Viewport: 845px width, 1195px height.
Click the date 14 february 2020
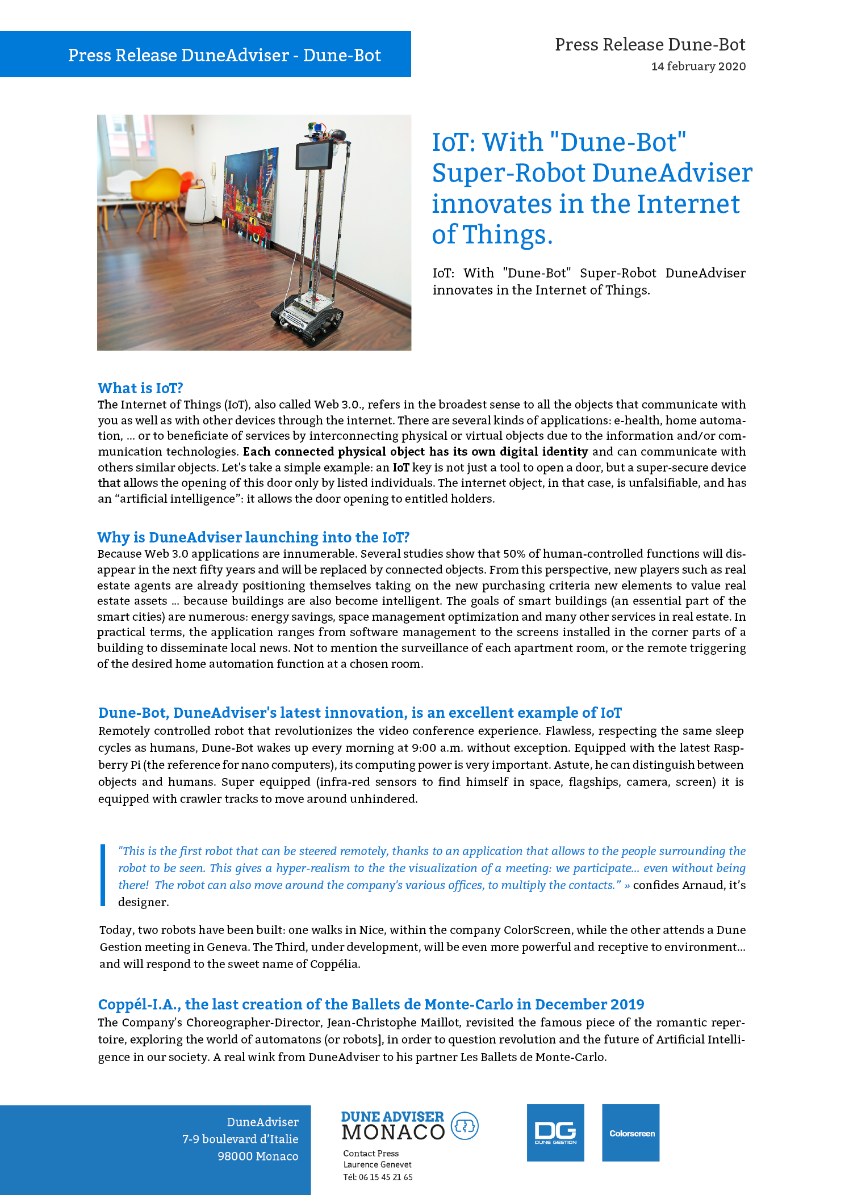pyautogui.click(x=698, y=66)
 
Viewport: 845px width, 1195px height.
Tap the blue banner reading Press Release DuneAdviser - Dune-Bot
pyautogui.click(x=224, y=55)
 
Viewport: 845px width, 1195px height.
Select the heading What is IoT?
pyautogui.click(x=140, y=388)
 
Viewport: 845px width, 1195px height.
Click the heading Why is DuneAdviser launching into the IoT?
pyautogui.click(x=253, y=537)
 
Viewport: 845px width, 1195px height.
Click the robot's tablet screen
pyautogui.click(x=315, y=154)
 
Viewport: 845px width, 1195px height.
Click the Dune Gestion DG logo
pyautogui.click(x=555, y=1133)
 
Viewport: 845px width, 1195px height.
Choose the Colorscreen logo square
pyautogui.click(x=630, y=1133)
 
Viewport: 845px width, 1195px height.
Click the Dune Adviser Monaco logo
pyautogui.click(x=409, y=1126)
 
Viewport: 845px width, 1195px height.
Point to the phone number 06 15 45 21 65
pyautogui.click(x=386, y=1177)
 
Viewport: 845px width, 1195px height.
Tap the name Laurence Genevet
pyautogui.click(x=377, y=1165)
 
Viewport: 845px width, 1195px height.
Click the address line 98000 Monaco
pyautogui.click(x=257, y=1156)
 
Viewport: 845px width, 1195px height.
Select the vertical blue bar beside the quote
pyautogui.click(x=103, y=875)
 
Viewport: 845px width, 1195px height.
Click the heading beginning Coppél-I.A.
pyautogui.click(x=371, y=1004)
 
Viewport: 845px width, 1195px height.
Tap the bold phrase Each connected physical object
pyautogui.click(x=334, y=452)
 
